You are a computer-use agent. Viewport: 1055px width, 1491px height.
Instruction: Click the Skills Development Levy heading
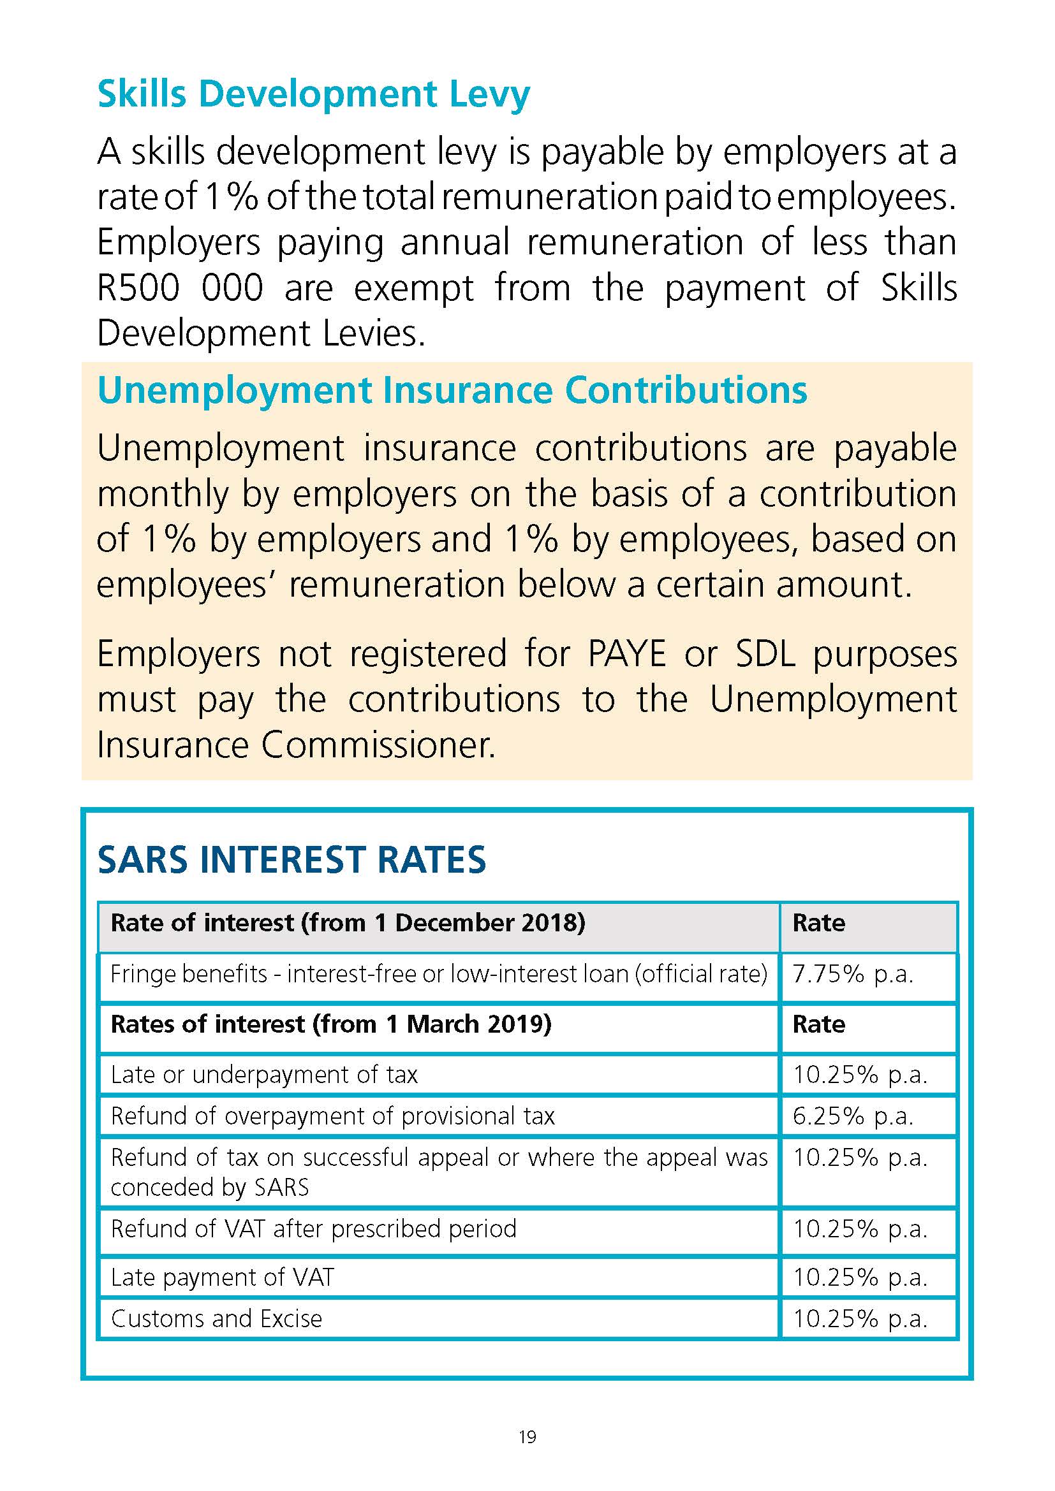313,94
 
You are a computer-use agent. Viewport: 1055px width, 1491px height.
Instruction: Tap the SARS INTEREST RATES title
291,860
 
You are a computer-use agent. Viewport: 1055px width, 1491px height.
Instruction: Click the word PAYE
626,654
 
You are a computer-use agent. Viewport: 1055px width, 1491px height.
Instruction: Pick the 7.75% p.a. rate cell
853,974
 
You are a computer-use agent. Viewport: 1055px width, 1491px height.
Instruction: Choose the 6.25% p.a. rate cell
853,1116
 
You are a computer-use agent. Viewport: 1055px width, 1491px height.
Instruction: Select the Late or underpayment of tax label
265,1075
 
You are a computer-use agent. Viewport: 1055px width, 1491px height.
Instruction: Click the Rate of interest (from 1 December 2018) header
348,923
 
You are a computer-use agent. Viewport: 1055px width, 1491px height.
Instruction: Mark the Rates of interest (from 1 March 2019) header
331,1024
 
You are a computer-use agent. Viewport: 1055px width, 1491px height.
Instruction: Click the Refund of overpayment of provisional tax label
332,1116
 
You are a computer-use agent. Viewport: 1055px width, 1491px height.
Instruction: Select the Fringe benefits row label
438,974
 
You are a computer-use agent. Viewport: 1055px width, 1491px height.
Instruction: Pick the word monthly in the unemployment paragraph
163,495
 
